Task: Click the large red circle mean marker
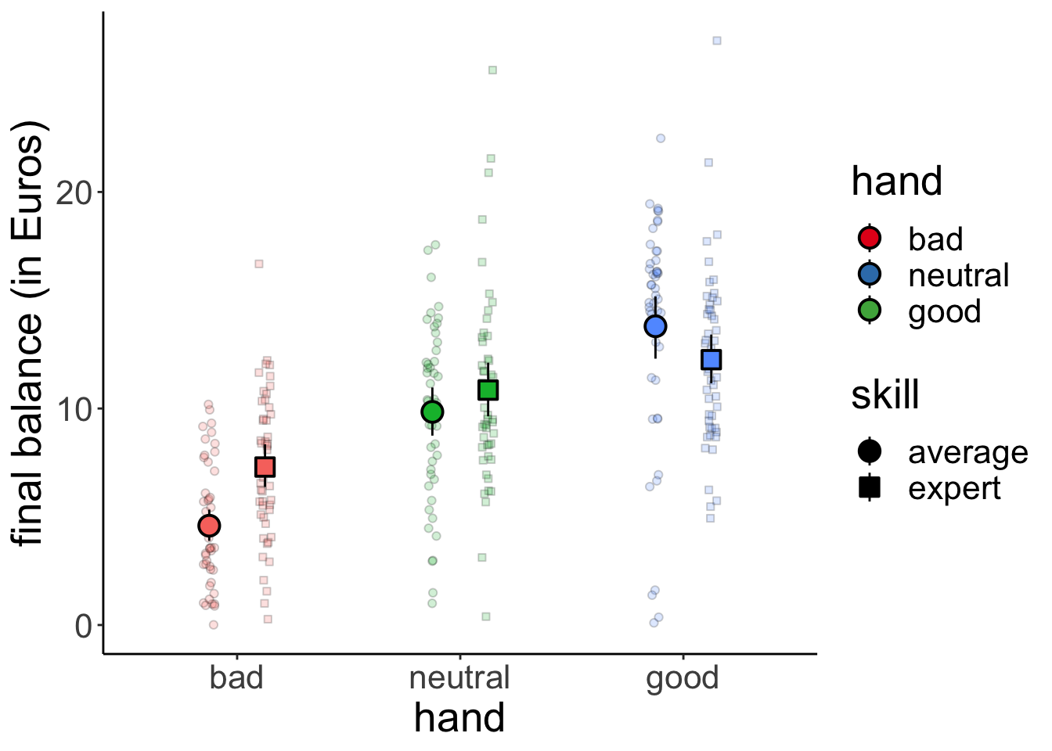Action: pos(209,526)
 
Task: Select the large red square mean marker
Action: pos(265,467)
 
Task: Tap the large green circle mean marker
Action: pos(432,411)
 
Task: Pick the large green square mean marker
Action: pos(488,390)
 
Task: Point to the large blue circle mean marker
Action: pos(655,326)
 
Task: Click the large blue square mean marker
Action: pos(711,360)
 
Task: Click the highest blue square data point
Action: pos(716,41)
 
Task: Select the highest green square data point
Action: pos(492,70)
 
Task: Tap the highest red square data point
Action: pos(259,264)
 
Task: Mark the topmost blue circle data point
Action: pos(661,138)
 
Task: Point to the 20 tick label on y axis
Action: pos(74,192)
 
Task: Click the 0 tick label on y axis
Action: pos(83,626)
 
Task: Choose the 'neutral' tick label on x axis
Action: pos(459,677)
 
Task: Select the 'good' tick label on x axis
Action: pos(683,677)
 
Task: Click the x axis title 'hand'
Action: pos(459,718)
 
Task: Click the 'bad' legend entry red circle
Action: pos(870,238)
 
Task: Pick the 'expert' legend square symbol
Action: pos(870,488)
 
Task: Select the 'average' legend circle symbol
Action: pos(870,451)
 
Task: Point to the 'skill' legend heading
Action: pos(885,395)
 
